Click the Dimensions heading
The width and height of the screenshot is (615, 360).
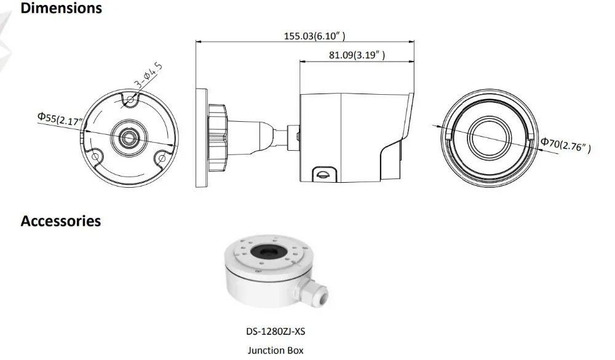click(61, 8)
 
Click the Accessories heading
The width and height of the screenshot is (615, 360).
click(61, 221)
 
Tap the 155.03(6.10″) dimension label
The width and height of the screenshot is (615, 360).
click(314, 36)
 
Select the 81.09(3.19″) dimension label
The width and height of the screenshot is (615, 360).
click(357, 55)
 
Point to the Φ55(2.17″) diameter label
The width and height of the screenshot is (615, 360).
click(60, 118)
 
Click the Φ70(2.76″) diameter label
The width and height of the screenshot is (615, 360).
click(566, 145)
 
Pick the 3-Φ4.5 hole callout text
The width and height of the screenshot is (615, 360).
click(148, 74)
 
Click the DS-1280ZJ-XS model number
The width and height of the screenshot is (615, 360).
click(276, 331)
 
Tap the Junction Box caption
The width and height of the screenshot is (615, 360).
click(276, 350)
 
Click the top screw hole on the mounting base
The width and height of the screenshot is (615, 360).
click(130, 100)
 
